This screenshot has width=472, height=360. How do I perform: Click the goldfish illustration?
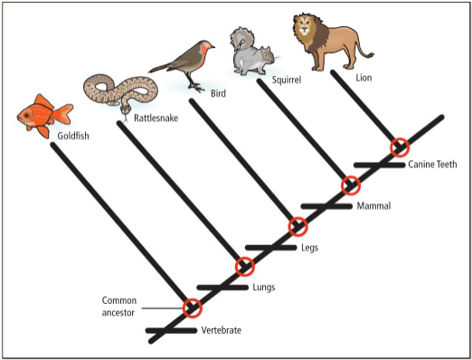point(44,116)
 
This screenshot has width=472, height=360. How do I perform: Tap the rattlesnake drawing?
point(120,90)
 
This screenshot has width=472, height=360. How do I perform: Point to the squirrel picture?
point(252,52)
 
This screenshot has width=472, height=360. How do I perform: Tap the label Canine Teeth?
point(432,165)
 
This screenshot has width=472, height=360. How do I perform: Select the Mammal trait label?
point(373,206)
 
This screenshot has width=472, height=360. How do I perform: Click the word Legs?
point(309,248)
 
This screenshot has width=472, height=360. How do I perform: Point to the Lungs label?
point(264,287)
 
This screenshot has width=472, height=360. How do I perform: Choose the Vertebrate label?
point(222,330)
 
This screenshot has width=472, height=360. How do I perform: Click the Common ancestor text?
point(119,307)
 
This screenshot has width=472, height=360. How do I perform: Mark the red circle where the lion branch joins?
point(400,147)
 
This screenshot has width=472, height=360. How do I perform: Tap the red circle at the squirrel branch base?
point(351,185)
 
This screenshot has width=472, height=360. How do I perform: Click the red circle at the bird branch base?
point(297,226)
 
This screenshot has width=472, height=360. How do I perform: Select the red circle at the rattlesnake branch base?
point(245,267)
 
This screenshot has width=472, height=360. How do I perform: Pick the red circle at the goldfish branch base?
point(193,308)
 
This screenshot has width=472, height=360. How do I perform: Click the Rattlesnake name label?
point(156,118)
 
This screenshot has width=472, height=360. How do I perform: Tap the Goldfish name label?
point(73,136)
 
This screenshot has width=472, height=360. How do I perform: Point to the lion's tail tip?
point(372,55)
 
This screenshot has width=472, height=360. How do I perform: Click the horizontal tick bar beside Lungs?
point(222,288)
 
